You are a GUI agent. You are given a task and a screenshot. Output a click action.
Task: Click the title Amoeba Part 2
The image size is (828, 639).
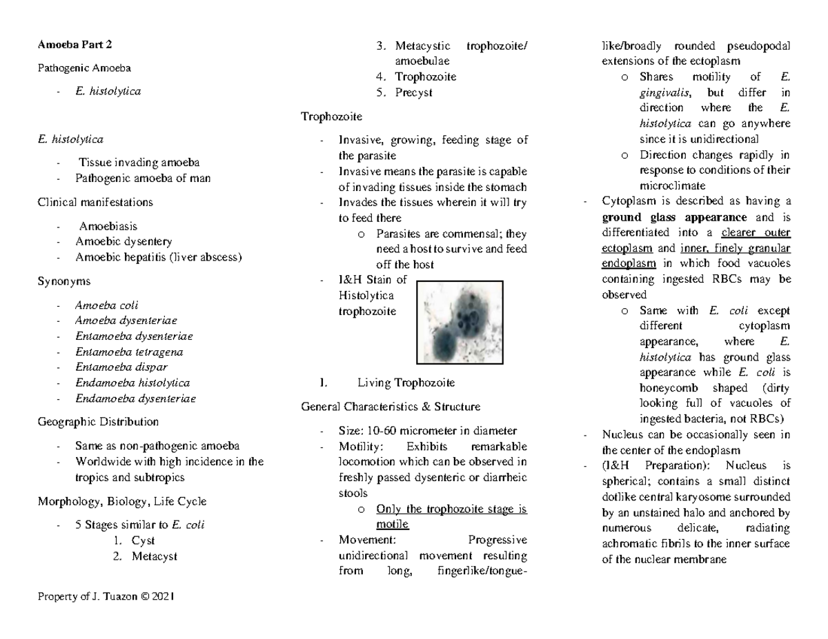(75, 46)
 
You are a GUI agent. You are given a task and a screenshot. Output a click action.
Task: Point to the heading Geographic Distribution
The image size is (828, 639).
(98, 421)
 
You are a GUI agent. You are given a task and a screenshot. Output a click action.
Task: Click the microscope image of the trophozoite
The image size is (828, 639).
(460, 321)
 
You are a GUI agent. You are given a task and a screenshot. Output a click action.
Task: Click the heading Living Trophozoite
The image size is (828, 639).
(406, 383)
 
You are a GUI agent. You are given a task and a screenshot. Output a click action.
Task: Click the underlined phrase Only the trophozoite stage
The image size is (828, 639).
(452, 509)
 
